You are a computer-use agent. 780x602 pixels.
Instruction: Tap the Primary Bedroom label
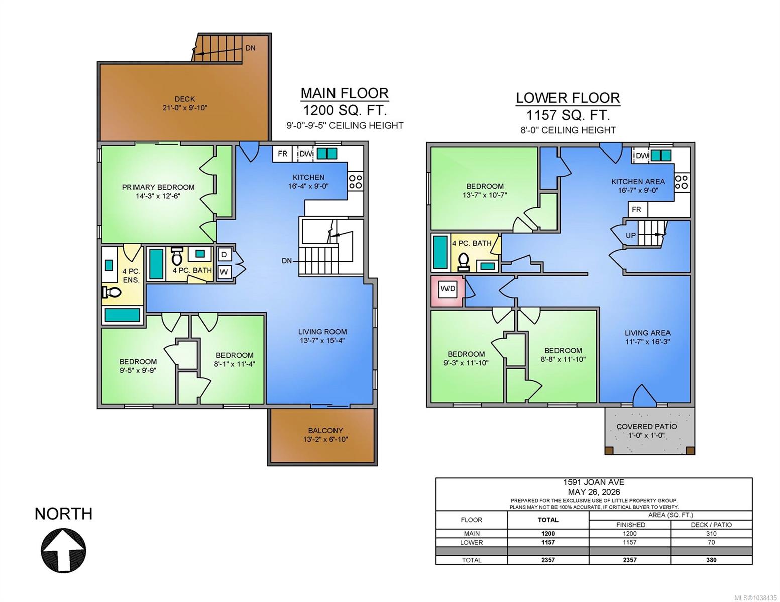click(x=158, y=187)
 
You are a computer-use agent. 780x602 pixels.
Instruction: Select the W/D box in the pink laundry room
click(x=448, y=289)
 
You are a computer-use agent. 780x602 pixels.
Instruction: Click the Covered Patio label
click(x=646, y=427)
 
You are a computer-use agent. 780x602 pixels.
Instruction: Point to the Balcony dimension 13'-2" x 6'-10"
click(x=325, y=439)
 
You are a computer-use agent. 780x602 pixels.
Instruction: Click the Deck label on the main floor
click(x=185, y=99)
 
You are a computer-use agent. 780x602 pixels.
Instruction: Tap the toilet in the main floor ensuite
click(x=112, y=292)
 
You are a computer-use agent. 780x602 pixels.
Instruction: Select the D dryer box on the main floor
click(x=225, y=254)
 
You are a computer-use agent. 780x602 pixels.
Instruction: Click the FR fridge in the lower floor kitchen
click(x=637, y=209)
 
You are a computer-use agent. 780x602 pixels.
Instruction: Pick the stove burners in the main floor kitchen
click(x=356, y=182)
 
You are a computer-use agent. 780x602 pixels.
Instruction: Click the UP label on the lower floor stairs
click(x=631, y=236)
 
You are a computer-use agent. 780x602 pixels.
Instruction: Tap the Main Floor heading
click(x=344, y=93)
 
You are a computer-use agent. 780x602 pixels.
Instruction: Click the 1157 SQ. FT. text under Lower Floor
click(x=568, y=115)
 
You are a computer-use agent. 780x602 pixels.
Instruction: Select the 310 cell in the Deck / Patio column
click(x=711, y=533)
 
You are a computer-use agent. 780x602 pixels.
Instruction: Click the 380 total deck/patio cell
click(x=711, y=560)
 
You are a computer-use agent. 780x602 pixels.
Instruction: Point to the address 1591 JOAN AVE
click(x=594, y=482)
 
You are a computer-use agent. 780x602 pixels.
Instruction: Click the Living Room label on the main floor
click(x=322, y=332)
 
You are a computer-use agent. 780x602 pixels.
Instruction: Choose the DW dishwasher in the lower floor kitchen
click(x=642, y=156)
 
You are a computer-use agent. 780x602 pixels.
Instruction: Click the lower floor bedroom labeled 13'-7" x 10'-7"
click(x=485, y=191)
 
